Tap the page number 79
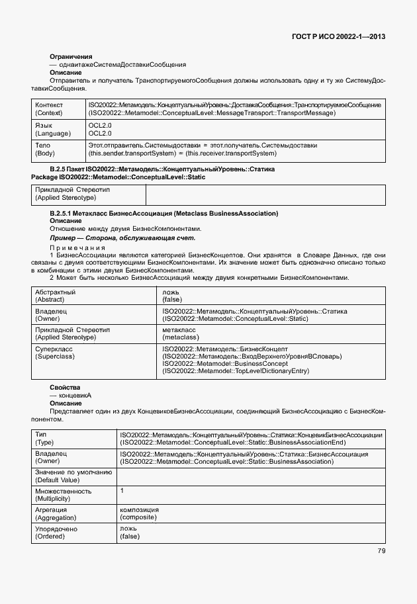point(381,550)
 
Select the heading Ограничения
point(71,57)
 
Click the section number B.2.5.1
point(64,213)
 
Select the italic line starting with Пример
point(122,237)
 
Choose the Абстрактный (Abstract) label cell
point(56,295)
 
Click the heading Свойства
point(65,386)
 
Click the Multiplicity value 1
point(122,491)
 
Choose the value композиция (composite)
point(140,513)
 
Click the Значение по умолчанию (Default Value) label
point(73,476)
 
